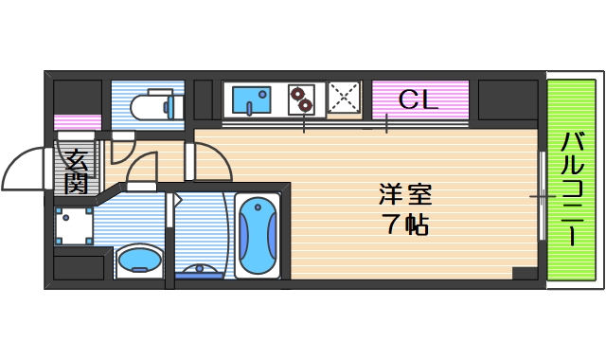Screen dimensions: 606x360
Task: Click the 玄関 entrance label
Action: (x=76, y=171)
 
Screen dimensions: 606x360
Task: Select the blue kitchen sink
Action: (x=251, y=99)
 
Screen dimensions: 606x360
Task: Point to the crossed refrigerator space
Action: (x=345, y=98)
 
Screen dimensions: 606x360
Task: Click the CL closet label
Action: (x=419, y=99)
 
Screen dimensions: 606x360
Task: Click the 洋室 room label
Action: (x=404, y=197)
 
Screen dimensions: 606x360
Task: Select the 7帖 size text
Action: (x=404, y=226)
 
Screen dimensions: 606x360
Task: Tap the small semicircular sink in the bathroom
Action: (x=198, y=272)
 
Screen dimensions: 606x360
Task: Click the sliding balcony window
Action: (x=541, y=196)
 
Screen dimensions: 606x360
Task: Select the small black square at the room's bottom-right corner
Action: (x=524, y=273)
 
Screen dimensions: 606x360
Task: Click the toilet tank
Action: (x=168, y=105)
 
